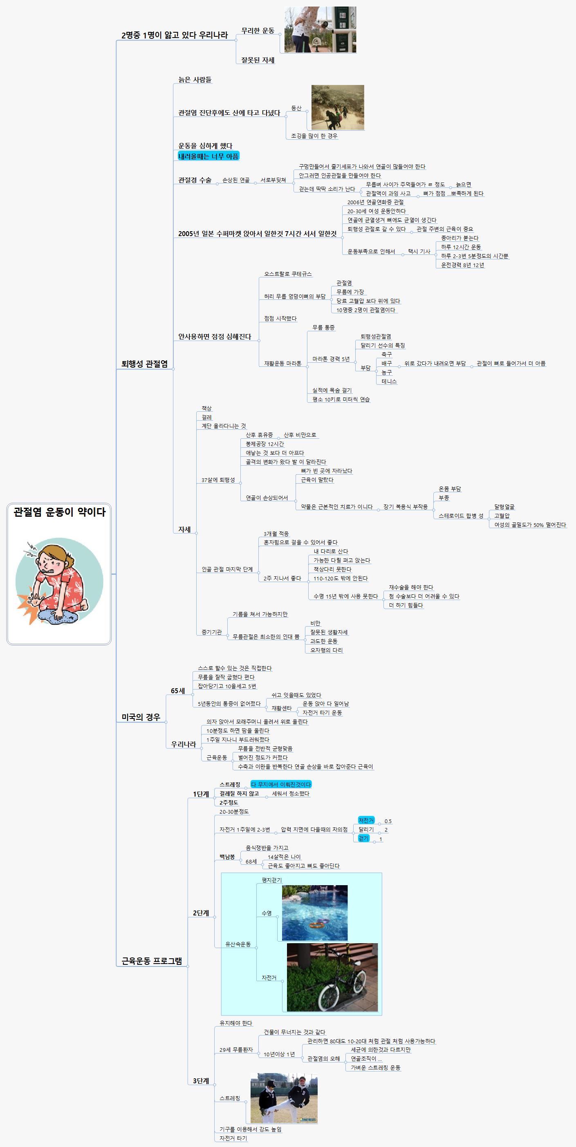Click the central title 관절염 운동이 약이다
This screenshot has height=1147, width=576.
pyautogui.click(x=59, y=512)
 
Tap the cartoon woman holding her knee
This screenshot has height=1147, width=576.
pyautogui.click(x=59, y=581)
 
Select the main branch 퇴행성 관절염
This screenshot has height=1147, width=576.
pyautogui.click(x=144, y=364)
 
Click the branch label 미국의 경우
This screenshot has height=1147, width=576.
pyautogui.click(x=141, y=717)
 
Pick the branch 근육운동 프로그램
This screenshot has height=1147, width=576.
pyautogui.click(x=152, y=960)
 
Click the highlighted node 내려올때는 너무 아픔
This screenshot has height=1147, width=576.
pyautogui.click(x=208, y=156)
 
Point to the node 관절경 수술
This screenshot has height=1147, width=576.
pyautogui.click(x=195, y=180)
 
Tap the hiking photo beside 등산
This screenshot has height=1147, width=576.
pyautogui.click(x=337, y=107)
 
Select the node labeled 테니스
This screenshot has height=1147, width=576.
pyautogui.click(x=389, y=381)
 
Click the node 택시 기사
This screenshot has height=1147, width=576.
pyautogui.click(x=419, y=251)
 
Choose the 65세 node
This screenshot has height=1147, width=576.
pyautogui.click(x=178, y=691)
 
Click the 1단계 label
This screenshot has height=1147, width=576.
pyautogui.click(x=201, y=794)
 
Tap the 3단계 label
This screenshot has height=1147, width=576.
pyautogui.click(x=201, y=1081)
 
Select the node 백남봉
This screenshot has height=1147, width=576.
pyautogui.click(x=227, y=856)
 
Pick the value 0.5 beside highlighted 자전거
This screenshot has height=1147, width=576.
pyautogui.click(x=388, y=821)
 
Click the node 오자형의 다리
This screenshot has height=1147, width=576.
pyautogui.click(x=327, y=650)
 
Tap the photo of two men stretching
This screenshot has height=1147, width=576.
pyautogui.click(x=284, y=1098)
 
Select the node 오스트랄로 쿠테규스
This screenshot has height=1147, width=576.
pyautogui.click(x=288, y=274)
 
